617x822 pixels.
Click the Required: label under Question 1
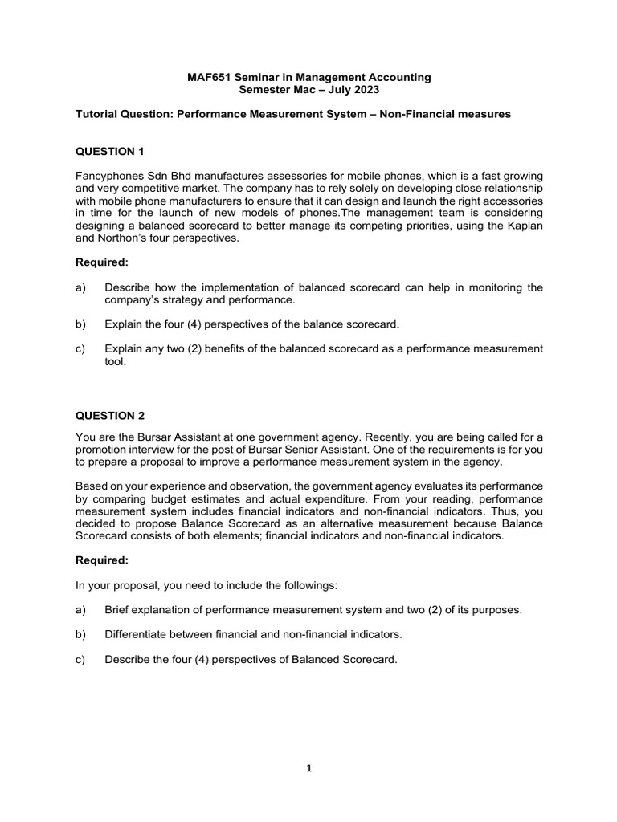(102, 262)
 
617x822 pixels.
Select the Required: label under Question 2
(102, 560)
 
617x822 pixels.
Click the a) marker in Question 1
(80, 287)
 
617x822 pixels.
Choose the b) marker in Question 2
(80, 634)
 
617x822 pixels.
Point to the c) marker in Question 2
(80, 659)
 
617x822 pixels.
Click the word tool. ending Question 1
(116, 361)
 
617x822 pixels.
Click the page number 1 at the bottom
(308, 767)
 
